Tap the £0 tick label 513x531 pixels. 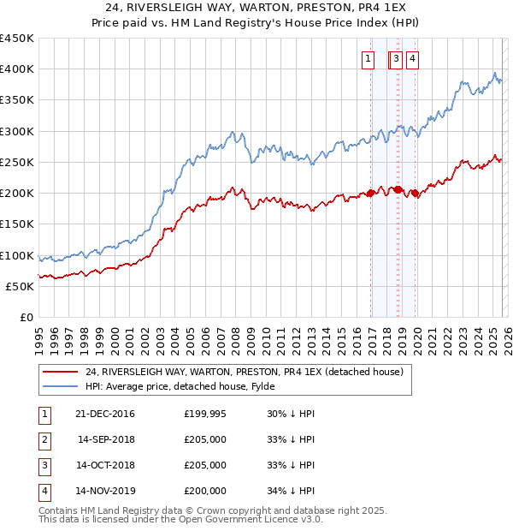[26, 318]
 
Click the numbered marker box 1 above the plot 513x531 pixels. [368, 59]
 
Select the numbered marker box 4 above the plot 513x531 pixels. [412, 59]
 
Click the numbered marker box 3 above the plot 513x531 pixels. [398, 59]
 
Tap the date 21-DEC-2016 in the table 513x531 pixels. [105, 415]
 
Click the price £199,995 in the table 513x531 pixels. [205, 415]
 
